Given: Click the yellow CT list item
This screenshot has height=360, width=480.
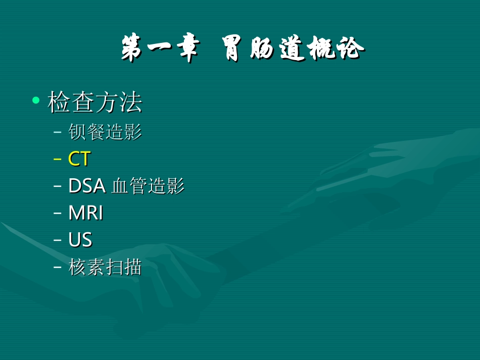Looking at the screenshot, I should (79, 160).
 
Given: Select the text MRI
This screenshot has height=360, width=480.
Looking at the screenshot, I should (86, 213).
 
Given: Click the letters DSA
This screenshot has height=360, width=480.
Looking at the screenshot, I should (86, 186).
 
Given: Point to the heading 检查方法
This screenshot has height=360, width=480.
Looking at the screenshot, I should (94, 102).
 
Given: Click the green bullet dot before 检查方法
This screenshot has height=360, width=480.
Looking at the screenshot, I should (35, 100).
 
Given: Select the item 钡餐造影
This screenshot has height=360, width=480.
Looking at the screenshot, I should (105, 132).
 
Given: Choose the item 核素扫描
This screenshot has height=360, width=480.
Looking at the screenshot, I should (105, 268).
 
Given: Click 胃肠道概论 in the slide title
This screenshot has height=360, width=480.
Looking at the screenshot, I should (293, 50).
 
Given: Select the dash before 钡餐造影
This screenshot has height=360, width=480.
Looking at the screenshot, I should (57, 133).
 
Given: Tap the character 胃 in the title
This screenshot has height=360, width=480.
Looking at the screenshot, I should (235, 50).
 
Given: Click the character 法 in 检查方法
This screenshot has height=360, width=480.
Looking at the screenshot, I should (130, 102).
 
